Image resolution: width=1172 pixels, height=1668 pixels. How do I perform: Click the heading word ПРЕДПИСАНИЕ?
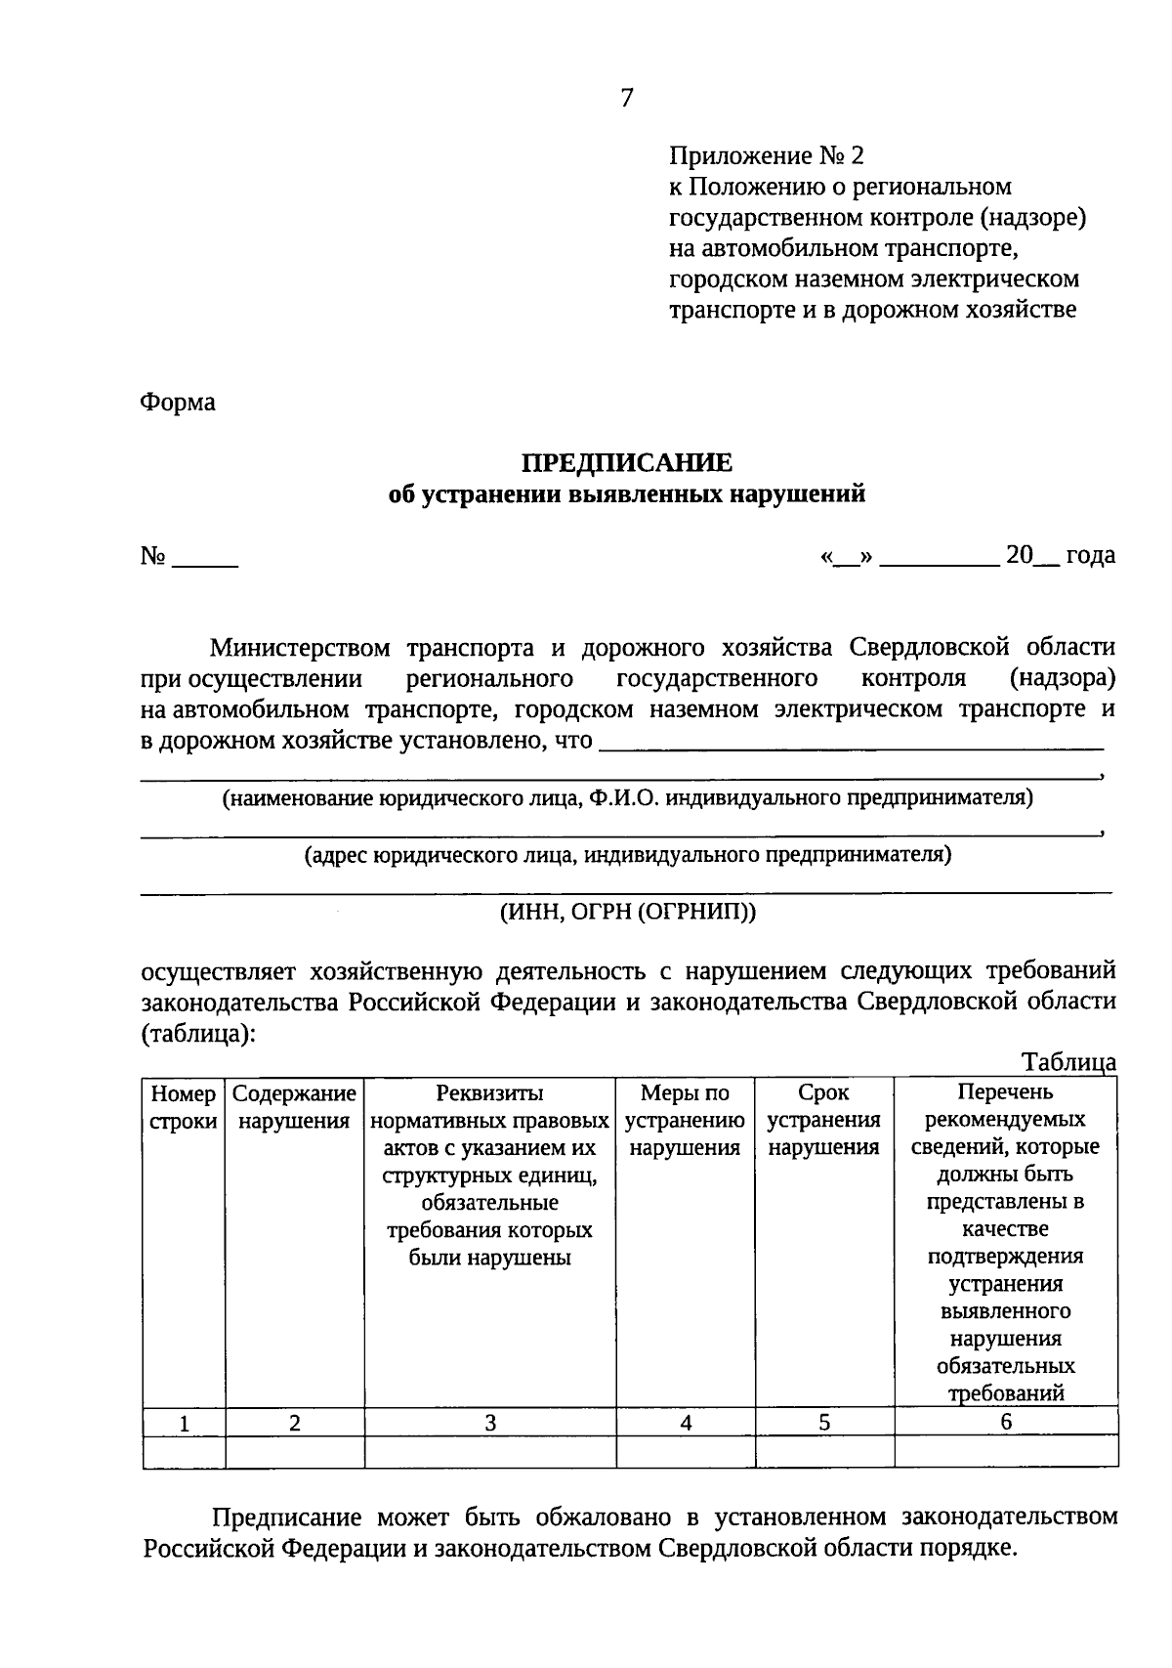626,461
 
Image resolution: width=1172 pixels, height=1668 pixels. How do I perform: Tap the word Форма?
178,402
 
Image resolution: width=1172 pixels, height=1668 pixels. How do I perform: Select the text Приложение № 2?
767,155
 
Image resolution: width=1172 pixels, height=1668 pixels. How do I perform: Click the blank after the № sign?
205,560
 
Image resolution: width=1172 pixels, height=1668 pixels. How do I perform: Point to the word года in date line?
1090,556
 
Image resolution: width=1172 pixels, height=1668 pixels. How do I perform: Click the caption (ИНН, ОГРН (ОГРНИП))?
628,912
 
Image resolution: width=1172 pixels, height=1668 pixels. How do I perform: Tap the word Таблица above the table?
1068,1062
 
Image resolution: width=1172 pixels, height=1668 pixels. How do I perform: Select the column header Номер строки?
184,1107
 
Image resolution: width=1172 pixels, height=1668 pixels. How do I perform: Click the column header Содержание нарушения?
294,1107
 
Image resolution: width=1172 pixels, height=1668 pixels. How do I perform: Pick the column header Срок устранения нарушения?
823,1120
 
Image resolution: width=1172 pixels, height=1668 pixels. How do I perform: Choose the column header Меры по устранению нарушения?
685,1120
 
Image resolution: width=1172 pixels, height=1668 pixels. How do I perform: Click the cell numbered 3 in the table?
490,1423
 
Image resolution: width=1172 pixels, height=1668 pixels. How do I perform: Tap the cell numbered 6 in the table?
1006,1422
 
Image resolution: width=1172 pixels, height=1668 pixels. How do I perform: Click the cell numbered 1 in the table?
184,1424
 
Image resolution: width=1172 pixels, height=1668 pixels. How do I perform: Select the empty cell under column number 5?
824,1452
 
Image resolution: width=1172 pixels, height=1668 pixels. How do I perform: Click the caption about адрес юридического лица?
628,855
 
